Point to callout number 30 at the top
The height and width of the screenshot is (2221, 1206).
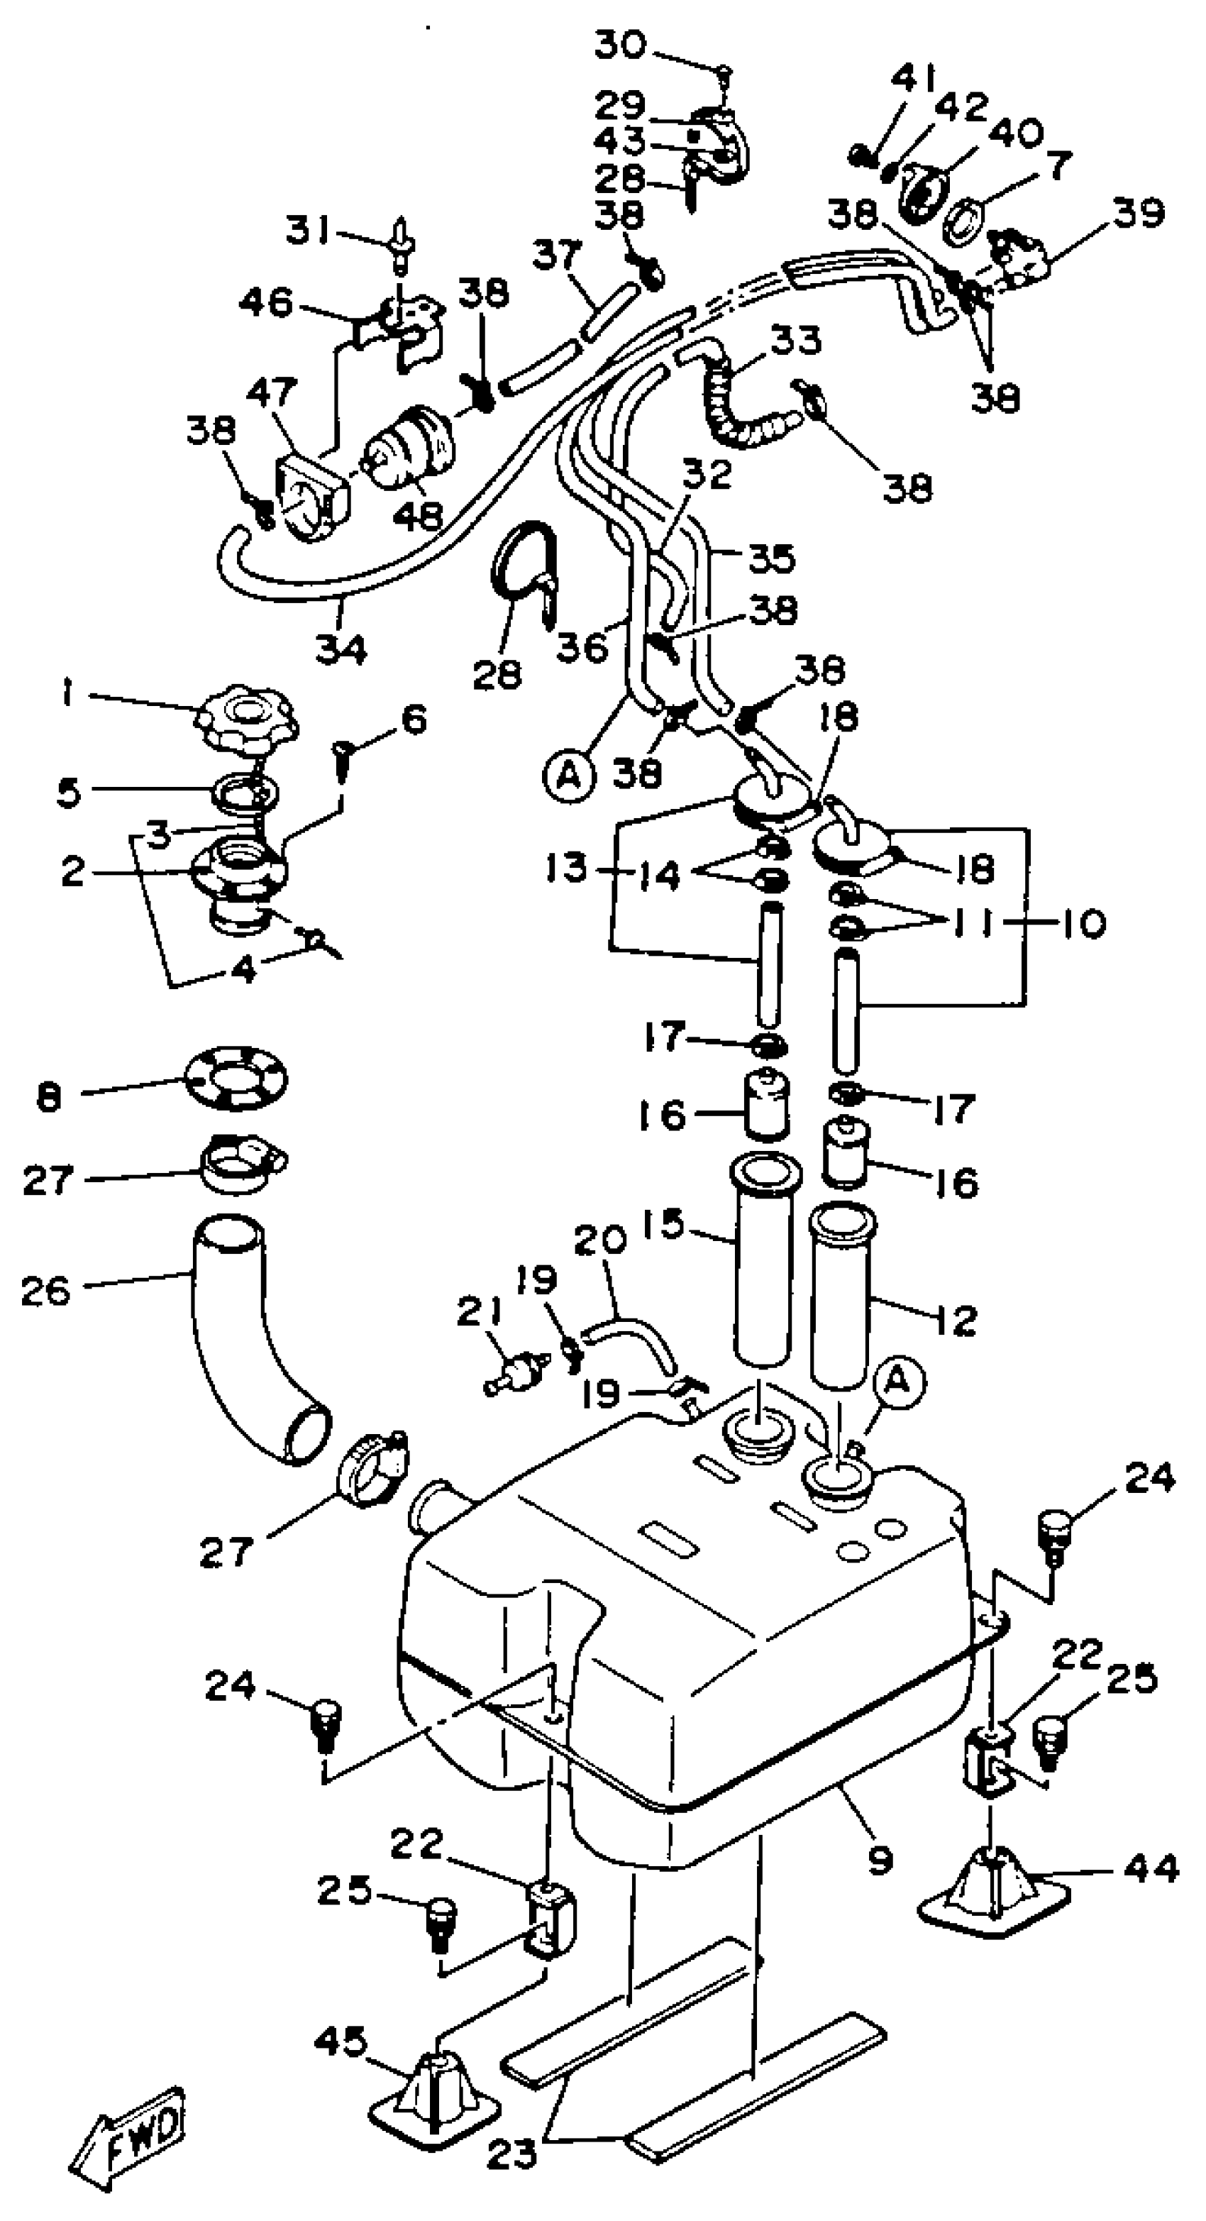[620, 43]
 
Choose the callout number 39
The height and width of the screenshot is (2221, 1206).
[1139, 212]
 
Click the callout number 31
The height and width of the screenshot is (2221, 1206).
[309, 231]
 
